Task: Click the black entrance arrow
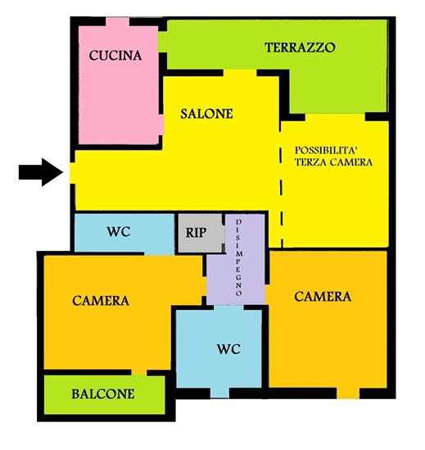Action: click(x=41, y=172)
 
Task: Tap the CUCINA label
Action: click(x=115, y=56)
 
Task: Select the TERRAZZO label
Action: click(x=300, y=48)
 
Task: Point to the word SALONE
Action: click(x=206, y=114)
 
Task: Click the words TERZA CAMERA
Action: click(x=334, y=162)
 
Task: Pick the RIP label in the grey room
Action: click(x=196, y=233)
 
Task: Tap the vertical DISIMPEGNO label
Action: click(x=238, y=257)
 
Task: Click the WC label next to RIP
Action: click(x=119, y=232)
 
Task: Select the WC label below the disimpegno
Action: click(x=228, y=349)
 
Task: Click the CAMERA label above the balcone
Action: click(x=101, y=301)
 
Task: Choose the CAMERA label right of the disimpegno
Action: click(x=323, y=297)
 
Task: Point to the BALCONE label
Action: click(x=103, y=394)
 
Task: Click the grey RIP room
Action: click(x=201, y=233)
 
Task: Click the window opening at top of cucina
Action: click(x=118, y=22)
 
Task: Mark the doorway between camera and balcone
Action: click(x=139, y=372)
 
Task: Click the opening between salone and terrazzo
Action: click(x=240, y=73)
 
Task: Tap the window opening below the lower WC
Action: click(x=219, y=393)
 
